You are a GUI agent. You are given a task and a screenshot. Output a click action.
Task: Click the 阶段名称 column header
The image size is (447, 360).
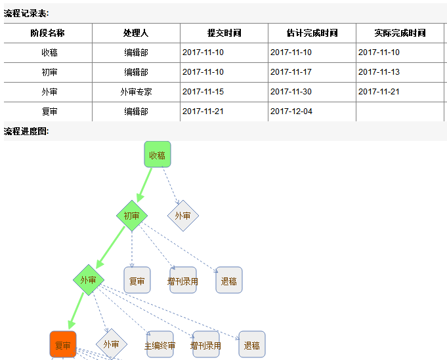pyautogui.click(x=48, y=33)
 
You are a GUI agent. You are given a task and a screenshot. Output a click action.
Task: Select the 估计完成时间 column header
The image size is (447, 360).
pyautogui.click(x=312, y=33)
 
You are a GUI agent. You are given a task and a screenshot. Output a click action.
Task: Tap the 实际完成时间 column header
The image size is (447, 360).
pyautogui.click(x=400, y=33)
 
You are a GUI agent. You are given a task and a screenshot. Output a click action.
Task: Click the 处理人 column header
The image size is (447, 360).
pyautogui.click(x=136, y=33)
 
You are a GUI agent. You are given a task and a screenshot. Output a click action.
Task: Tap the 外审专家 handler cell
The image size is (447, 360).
pyautogui.click(x=136, y=92)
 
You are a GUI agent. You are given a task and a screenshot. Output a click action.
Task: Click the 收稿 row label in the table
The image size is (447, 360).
pyautogui.click(x=49, y=52)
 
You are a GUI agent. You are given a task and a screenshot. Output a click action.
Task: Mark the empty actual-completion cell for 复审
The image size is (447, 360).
pyautogui.click(x=400, y=111)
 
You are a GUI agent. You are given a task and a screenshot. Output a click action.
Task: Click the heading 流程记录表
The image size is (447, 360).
pyautogui.click(x=26, y=13)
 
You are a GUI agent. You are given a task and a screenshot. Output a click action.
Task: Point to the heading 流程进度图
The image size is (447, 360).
pyautogui.click(x=26, y=131)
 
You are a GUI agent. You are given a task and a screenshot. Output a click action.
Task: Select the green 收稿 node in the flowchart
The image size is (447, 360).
pyautogui.click(x=158, y=155)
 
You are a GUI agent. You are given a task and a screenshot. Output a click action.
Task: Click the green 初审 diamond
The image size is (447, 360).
pyautogui.click(x=131, y=216)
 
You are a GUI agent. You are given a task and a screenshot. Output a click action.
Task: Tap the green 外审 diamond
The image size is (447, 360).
pyautogui.click(x=89, y=280)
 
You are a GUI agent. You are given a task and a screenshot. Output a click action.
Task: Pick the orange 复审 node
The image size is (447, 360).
pyautogui.click(x=63, y=345)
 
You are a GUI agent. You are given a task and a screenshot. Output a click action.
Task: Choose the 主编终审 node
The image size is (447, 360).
pyautogui.click(x=160, y=345)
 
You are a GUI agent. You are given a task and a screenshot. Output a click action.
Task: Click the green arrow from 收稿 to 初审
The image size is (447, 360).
pyautogui.click(x=145, y=184)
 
